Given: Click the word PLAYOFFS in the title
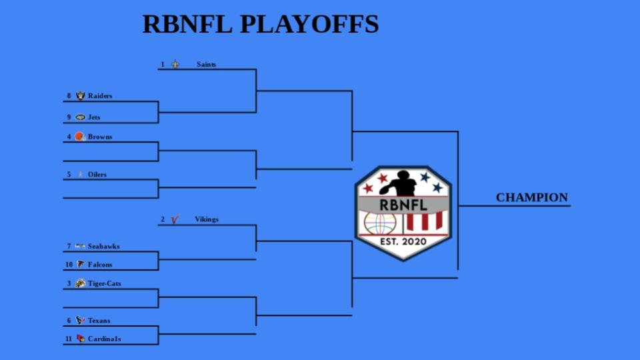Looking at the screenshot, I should pos(309,24).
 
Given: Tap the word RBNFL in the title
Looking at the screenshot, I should pos(188,24).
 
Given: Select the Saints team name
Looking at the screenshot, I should pos(206,65).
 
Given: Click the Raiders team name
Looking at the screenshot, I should pos(100,96).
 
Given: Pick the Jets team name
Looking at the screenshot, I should pos(94,117).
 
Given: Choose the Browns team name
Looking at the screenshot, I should pos(100,137).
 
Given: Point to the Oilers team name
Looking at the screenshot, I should pos(97,175).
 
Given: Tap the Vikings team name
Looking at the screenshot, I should pos(207,219).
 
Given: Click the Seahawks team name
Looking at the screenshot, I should pos(104,247).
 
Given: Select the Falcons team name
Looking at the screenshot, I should pos(100,265).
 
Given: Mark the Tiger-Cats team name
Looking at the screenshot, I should pos(105,283).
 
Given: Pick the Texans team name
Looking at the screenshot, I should pos(99,321).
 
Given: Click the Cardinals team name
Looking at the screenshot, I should pos(105,339).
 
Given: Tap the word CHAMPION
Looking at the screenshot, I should pos(532,198).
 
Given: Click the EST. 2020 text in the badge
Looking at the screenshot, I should pos(403,241).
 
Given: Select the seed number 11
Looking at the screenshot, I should pos(68,339).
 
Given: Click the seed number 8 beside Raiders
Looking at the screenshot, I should pos(68,96).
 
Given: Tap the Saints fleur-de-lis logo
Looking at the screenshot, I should pos(175,65).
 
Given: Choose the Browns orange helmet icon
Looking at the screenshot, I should pos(80,137).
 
